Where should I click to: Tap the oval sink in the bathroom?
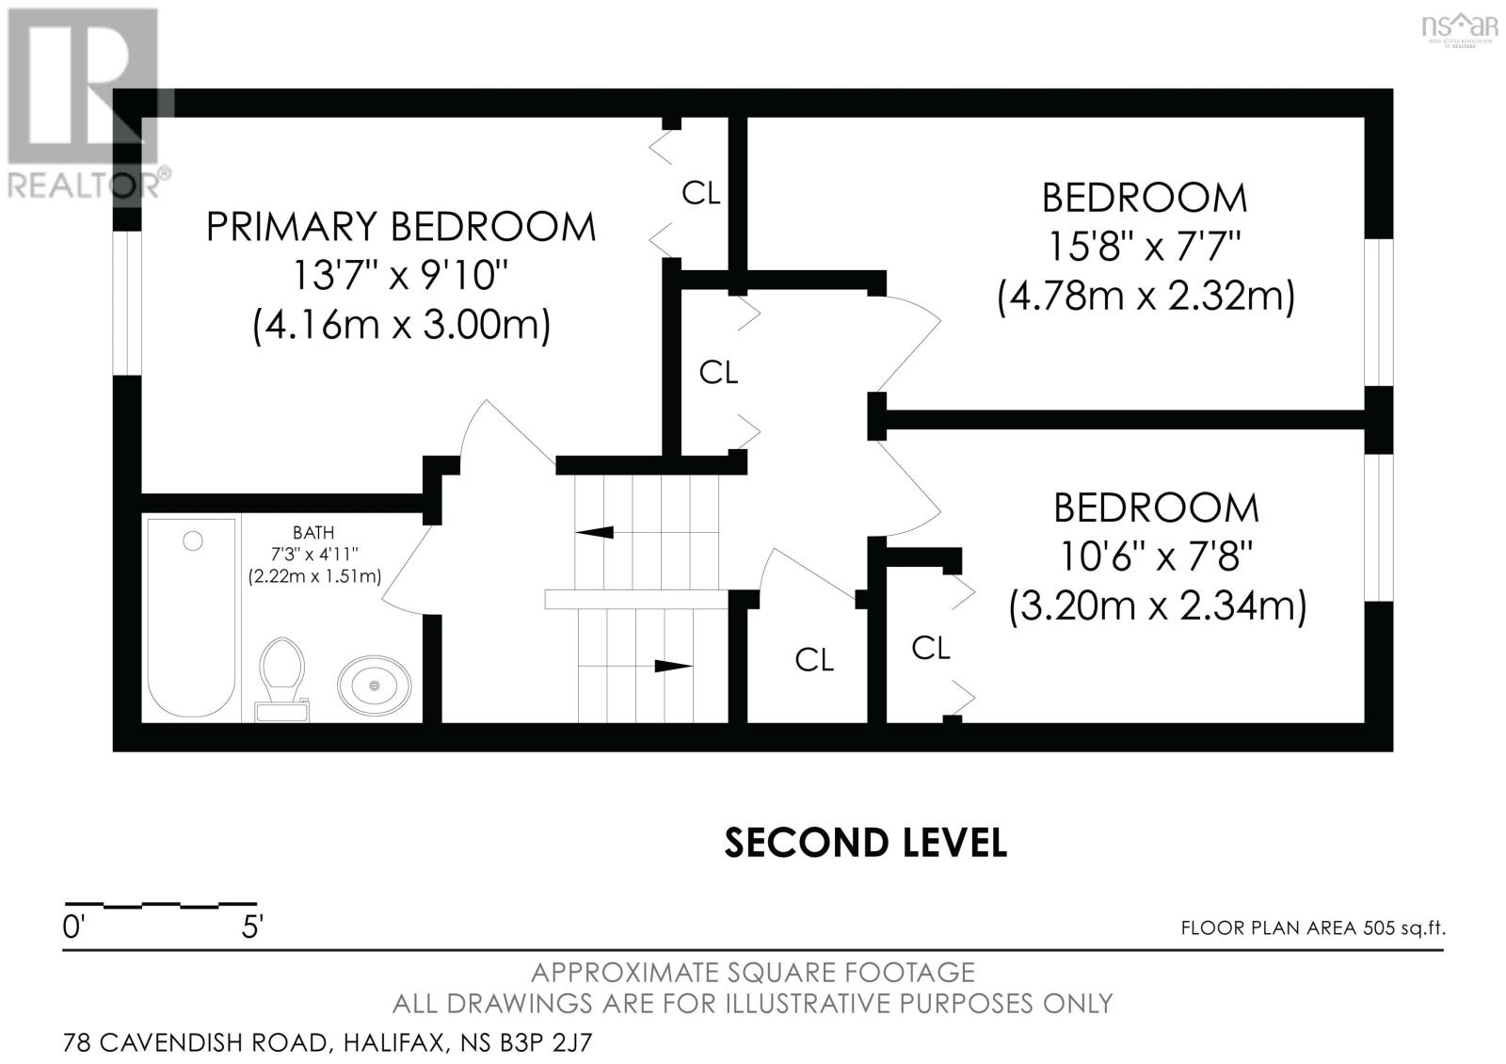374,685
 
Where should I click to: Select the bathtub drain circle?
193,540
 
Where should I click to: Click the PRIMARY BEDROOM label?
401,227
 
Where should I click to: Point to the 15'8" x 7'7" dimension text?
1145,247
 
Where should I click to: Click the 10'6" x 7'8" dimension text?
1157,556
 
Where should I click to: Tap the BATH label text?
313,533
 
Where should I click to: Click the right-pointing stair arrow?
673,666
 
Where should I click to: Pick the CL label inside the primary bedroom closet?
700,193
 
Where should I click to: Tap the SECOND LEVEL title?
865,843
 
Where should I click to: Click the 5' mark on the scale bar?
252,927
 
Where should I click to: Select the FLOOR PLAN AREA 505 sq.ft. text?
1313,928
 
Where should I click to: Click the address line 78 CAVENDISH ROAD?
328,1043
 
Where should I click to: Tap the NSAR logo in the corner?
1460,28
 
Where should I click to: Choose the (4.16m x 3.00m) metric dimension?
401,326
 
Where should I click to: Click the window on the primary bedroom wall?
127,303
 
